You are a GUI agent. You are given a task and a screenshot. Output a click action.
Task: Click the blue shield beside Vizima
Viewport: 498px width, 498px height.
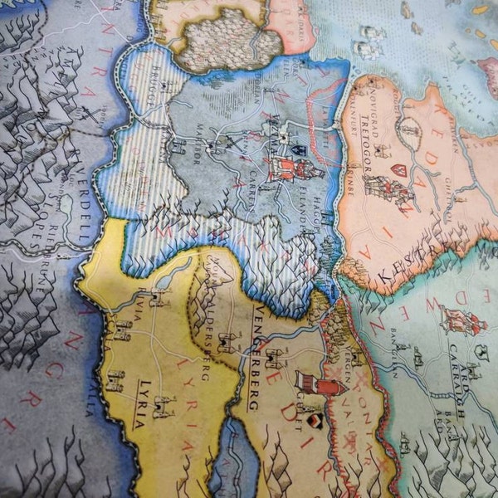300,151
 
